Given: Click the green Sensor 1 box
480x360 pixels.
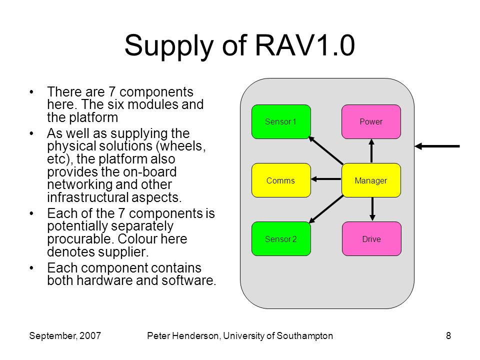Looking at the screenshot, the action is (281, 121).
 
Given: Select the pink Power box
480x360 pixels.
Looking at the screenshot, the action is (371, 121).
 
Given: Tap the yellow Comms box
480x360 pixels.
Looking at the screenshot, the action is (281, 180).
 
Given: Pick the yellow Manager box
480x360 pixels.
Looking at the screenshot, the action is (371, 180).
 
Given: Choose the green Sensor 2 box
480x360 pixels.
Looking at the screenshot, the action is (281, 238).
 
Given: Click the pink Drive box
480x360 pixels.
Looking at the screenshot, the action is (371, 238).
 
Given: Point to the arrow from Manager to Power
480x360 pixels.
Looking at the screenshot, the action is (371, 151).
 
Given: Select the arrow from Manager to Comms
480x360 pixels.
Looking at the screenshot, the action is (326, 179).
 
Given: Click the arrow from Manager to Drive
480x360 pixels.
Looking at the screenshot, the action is (372, 209).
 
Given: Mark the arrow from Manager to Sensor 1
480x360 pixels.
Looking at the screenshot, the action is (325, 150).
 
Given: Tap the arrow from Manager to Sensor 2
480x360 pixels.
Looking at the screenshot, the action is (326, 209).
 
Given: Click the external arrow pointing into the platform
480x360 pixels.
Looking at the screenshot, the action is (437, 146).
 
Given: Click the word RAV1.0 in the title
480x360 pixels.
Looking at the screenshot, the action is (305, 45).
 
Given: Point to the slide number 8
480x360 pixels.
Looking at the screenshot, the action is (448, 336).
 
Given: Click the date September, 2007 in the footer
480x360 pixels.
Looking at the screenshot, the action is (65, 336).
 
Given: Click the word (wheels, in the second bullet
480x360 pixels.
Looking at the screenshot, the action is (180, 146).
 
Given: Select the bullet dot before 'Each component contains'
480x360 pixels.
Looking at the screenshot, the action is (31, 268).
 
